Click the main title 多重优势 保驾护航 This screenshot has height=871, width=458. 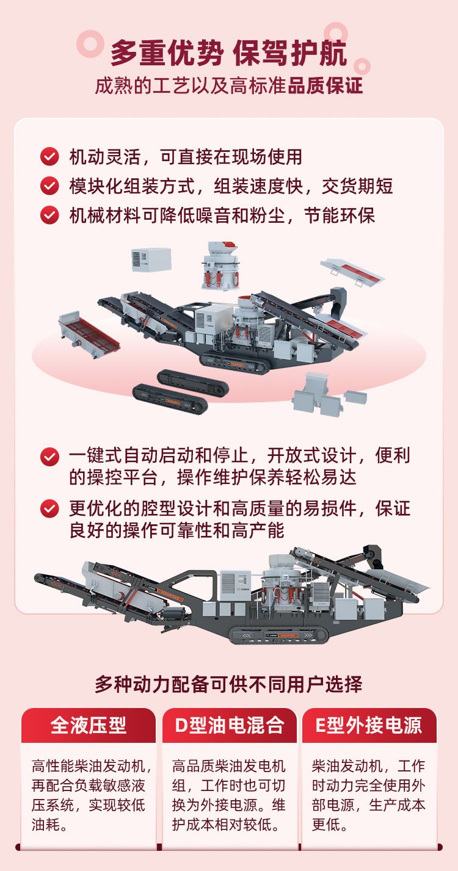coord(229,53)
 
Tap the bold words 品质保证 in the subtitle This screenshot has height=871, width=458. coord(325,85)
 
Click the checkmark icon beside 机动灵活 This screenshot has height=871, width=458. coord(49,156)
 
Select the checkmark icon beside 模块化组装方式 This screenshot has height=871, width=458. coord(49,186)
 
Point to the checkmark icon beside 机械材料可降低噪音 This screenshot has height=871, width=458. coord(49,215)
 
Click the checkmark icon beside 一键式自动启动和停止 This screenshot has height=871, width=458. coord(49,457)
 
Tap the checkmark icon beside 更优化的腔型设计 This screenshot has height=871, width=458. coord(49,508)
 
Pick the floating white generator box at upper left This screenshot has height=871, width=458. coord(151,259)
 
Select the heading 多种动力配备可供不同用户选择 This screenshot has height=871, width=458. coord(228,684)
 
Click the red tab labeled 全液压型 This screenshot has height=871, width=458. coord(89,725)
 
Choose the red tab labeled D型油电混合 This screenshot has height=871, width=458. coord(229,725)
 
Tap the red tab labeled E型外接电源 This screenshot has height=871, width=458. coord(369,725)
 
